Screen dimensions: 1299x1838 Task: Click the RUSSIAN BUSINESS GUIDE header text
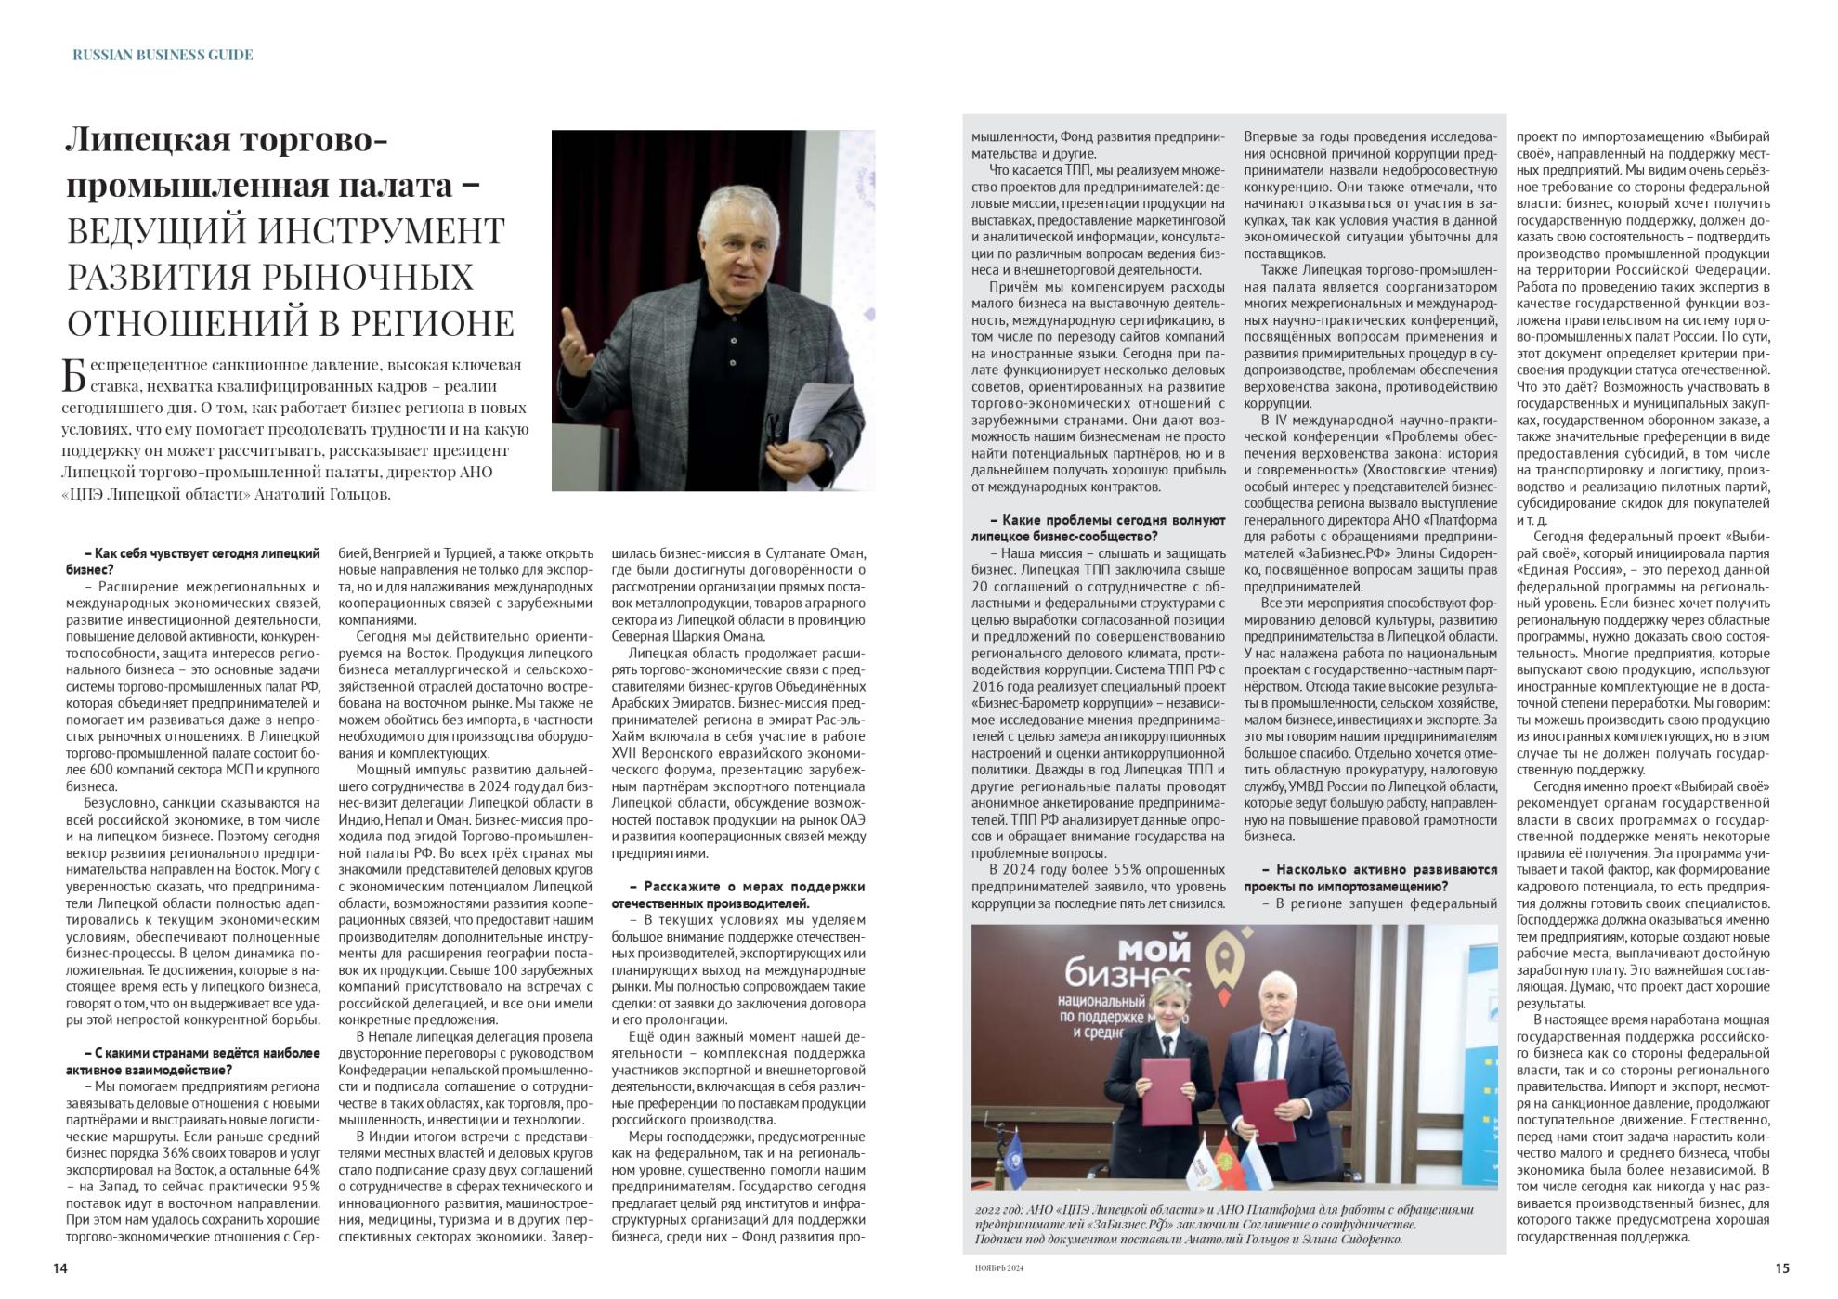(x=163, y=55)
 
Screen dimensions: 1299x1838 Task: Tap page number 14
(x=60, y=1267)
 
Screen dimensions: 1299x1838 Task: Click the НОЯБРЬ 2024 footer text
(x=998, y=1268)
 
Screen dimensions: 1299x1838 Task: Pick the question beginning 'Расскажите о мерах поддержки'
(x=738, y=894)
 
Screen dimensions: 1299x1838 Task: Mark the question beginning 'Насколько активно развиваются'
(x=1371, y=877)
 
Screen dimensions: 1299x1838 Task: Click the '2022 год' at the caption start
(x=999, y=1210)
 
